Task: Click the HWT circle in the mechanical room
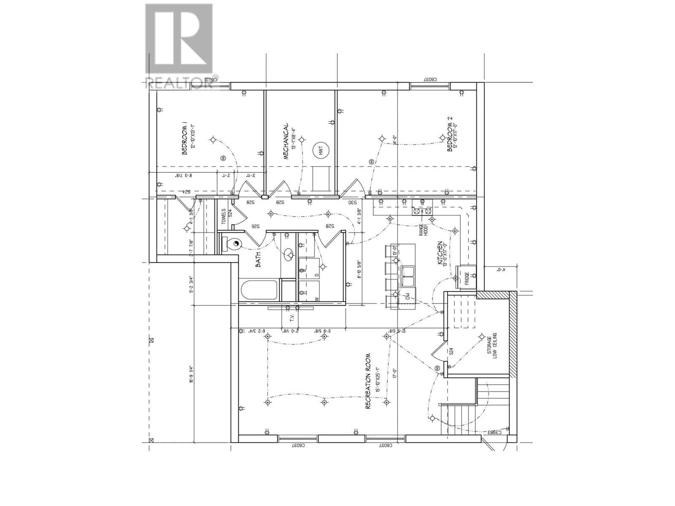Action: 320,149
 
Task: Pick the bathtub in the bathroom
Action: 259,290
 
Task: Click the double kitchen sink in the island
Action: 408,276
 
